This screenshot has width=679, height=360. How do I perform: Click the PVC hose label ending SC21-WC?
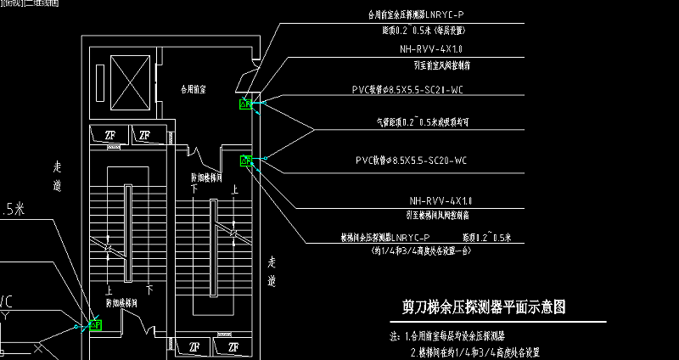coord(407,88)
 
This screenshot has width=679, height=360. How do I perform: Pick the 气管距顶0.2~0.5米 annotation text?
coord(429,121)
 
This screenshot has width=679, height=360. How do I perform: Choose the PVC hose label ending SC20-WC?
coord(410,160)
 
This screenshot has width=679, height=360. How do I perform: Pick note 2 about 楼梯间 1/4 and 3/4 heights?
coord(474,352)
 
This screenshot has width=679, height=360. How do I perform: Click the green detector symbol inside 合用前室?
coord(246,104)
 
